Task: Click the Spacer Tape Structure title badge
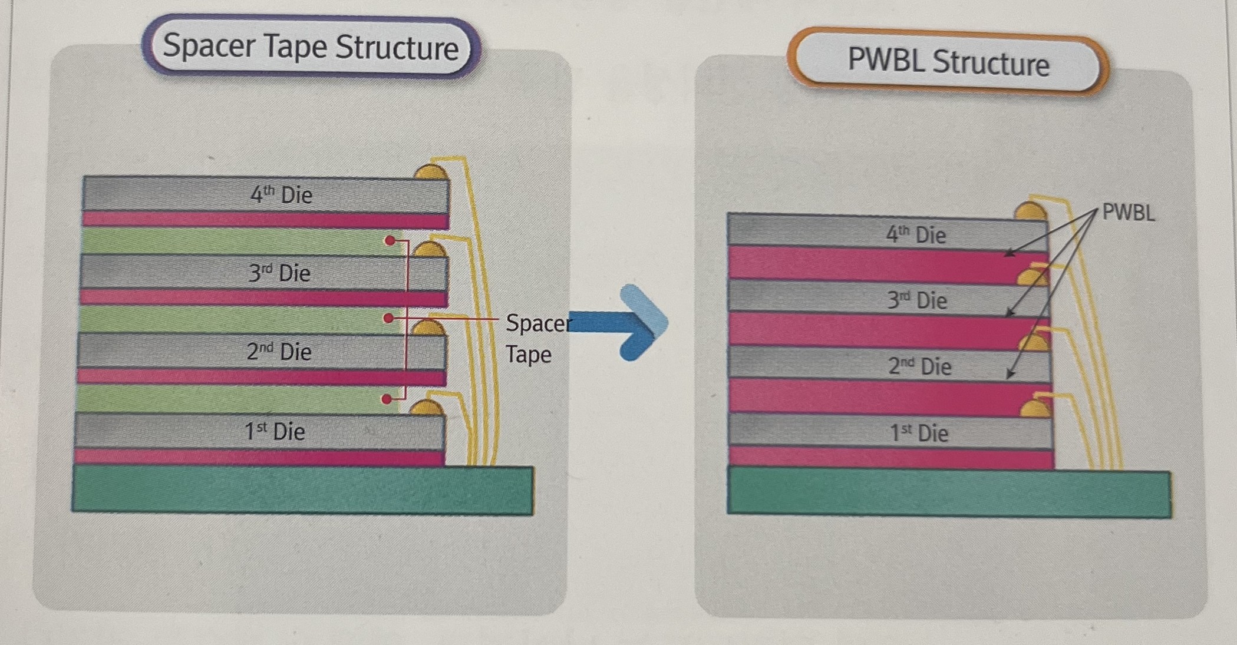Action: click(x=311, y=47)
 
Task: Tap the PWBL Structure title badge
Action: click(x=948, y=62)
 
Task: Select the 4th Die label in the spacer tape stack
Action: click(x=281, y=194)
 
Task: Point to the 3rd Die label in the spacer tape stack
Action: click(x=279, y=273)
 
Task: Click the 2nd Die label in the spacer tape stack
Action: click(x=279, y=352)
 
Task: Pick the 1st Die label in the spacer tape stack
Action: click(x=275, y=431)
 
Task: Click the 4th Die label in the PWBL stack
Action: click(x=916, y=234)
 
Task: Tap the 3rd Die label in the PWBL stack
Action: click(x=917, y=300)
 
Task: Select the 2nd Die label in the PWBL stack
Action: click(x=919, y=366)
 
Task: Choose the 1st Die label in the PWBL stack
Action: click(x=919, y=433)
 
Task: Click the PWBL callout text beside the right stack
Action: click(x=1128, y=212)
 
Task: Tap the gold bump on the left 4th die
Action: click(x=431, y=173)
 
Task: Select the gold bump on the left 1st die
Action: click(x=427, y=408)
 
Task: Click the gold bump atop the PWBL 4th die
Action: click(x=1030, y=211)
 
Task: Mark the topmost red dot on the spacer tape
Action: click(x=390, y=241)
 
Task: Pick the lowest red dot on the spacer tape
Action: click(x=387, y=399)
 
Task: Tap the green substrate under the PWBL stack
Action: click(x=948, y=493)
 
